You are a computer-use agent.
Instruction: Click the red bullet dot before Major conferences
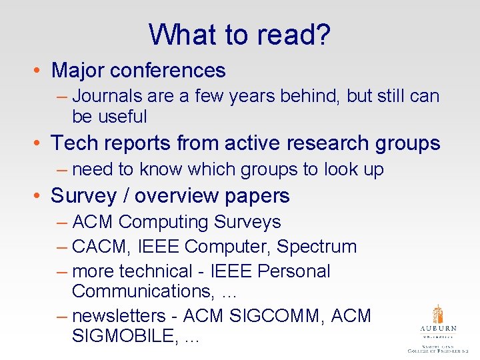point(41,71)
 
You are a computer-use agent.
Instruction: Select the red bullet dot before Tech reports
point(41,144)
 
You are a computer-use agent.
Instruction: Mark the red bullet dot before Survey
point(41,197)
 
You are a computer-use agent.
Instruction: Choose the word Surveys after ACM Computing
point(247,222)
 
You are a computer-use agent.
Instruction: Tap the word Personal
point(293,271)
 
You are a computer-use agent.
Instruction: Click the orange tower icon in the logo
point(437,314)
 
